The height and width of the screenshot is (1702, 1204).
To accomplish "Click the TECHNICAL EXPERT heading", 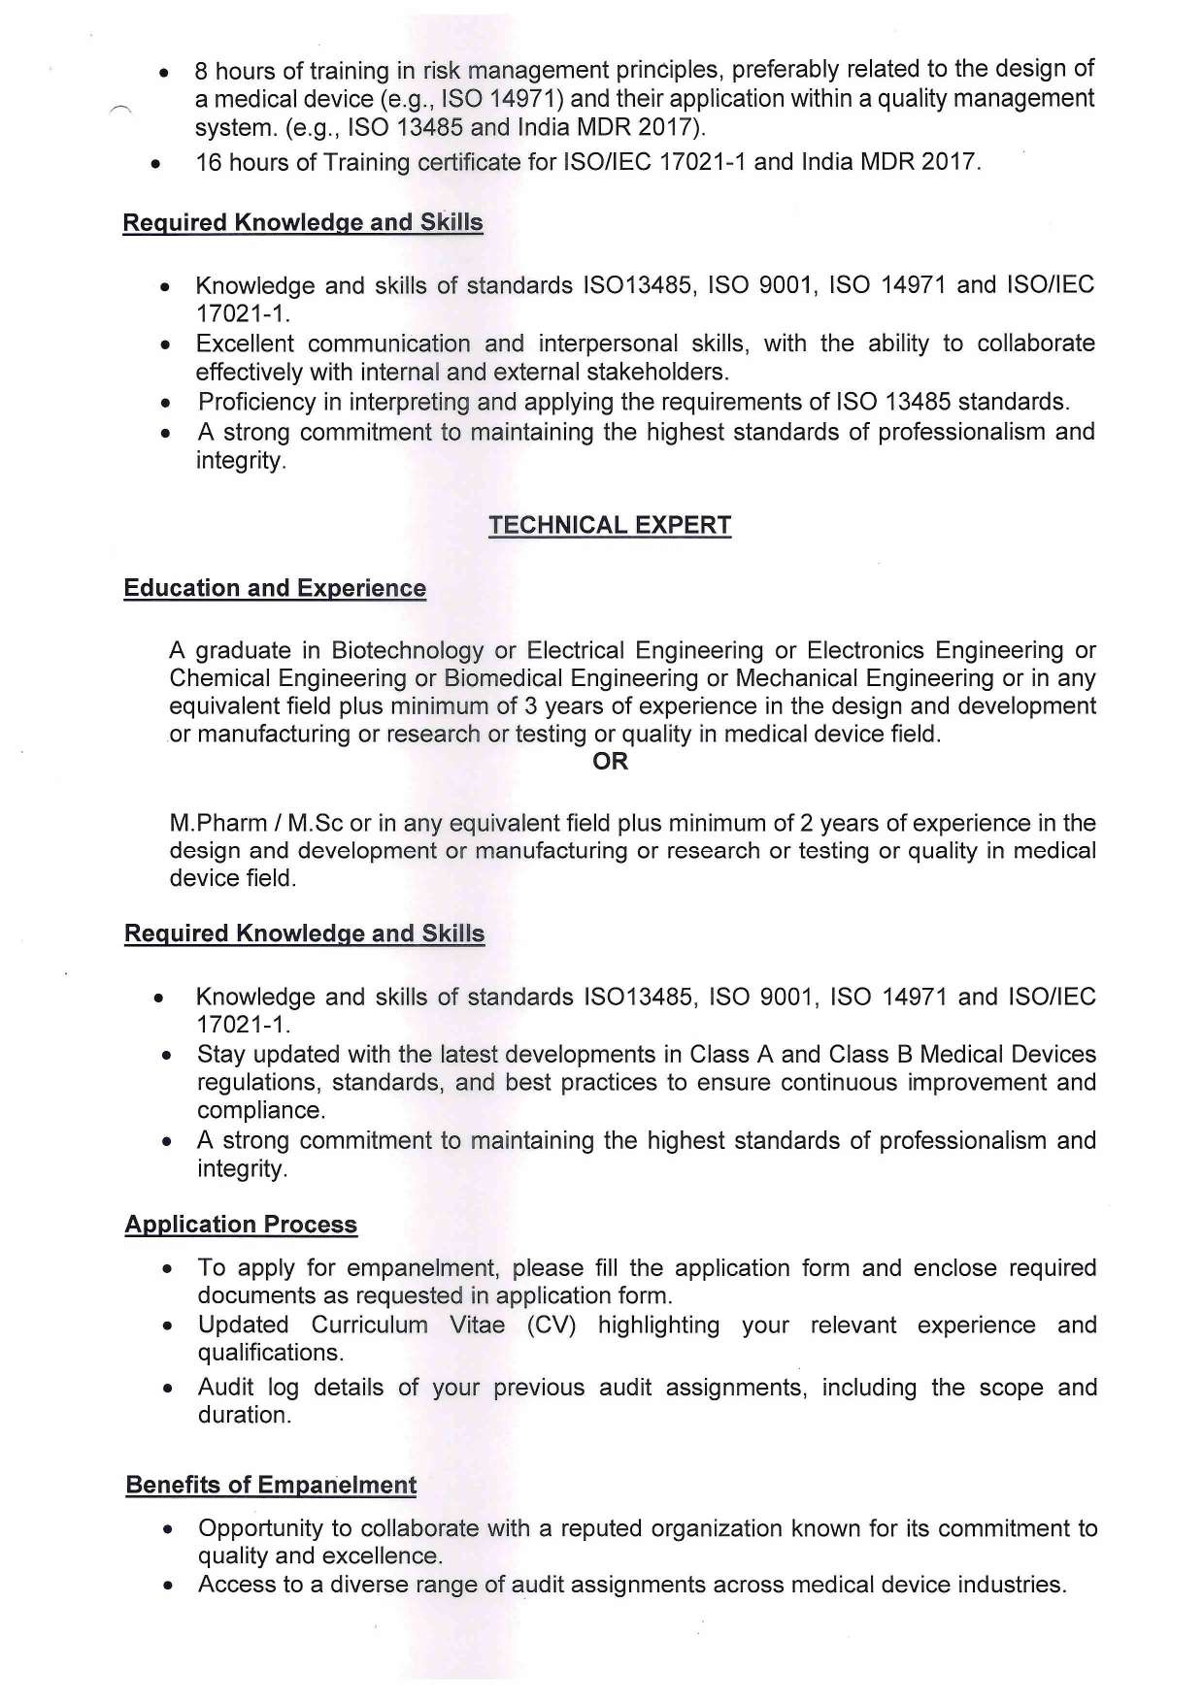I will point(610,525).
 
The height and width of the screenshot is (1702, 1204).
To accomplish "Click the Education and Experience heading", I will point(275,588).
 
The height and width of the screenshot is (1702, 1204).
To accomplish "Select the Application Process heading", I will point(241,1225).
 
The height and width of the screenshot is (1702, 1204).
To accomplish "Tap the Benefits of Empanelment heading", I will point(271,1485).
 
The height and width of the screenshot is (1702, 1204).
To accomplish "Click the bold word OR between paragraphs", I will point(610,762).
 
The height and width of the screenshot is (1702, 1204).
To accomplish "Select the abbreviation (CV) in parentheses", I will point(552,1326).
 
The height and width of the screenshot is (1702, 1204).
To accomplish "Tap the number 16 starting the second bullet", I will point(209,162).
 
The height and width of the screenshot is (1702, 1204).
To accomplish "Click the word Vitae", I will point(477,1326).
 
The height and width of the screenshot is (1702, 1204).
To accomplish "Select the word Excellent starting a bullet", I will point(244,344).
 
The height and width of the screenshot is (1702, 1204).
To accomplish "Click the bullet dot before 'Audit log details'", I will point(169,1390).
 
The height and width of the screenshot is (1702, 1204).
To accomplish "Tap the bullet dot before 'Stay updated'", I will point(169,1056).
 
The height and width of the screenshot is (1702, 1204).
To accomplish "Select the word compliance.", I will point(260,1111).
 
